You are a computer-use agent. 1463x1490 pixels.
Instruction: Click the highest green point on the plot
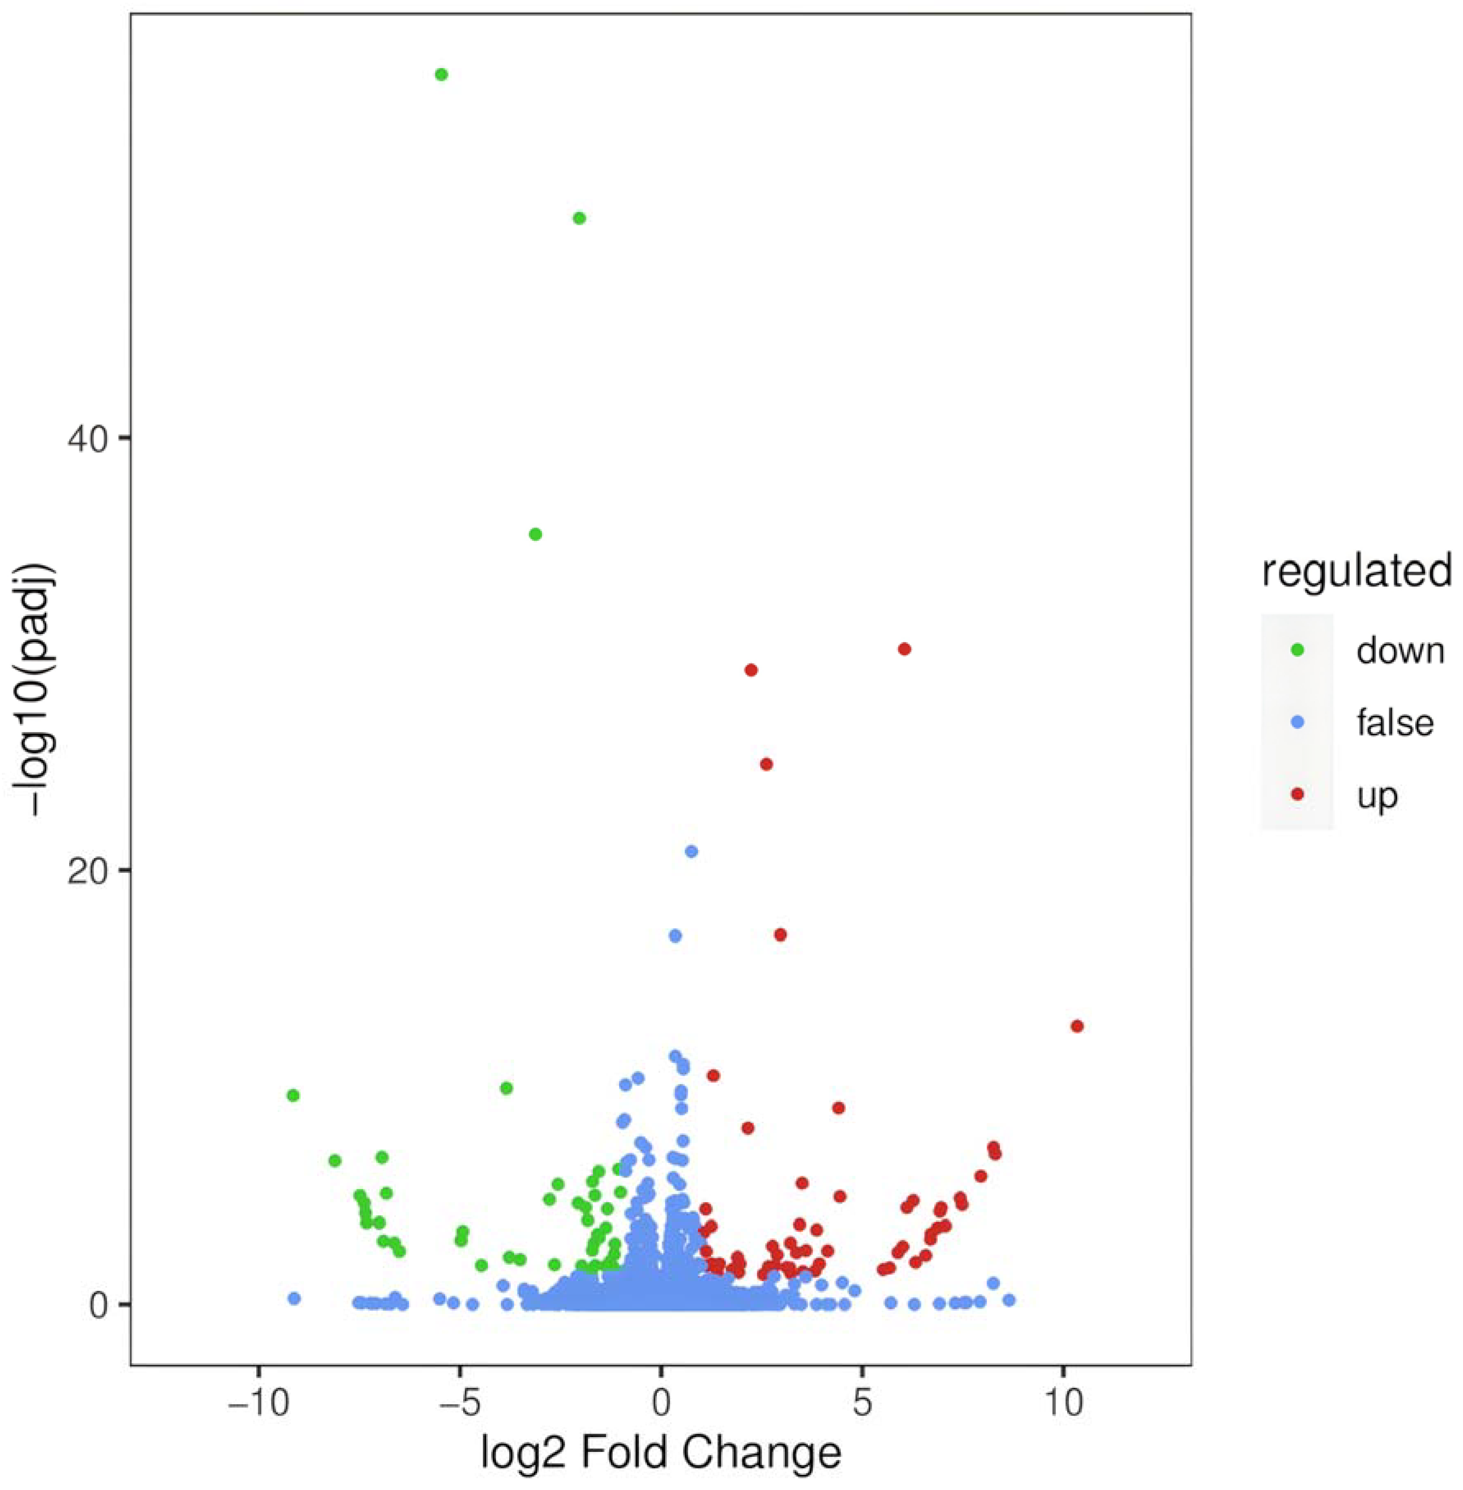(x=441, y=75)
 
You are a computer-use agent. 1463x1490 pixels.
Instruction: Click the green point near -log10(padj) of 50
(x=579, y=218)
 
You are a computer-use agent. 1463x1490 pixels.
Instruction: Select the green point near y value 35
(x=535, y=534)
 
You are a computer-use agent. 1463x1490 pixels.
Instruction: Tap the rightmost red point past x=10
(x=1077, y=1026)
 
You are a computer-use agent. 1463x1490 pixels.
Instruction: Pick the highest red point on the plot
(x=904, y=649)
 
